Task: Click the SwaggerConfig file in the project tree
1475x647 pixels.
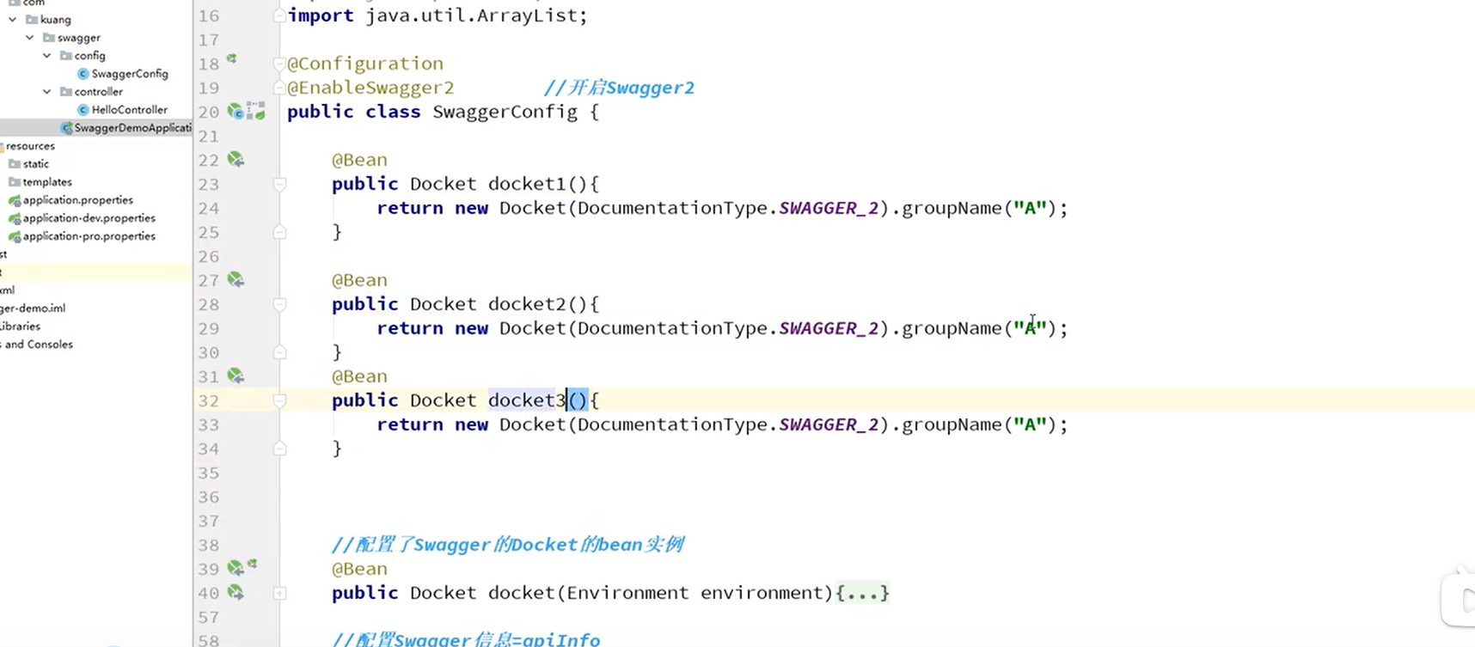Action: tap(129, 74)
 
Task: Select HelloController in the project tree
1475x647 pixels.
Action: tap(129, 110)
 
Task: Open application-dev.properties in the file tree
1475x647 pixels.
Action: tap(89, 218)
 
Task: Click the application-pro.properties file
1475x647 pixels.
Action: tap(89, 236)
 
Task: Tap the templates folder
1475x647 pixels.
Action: tap(46, 182)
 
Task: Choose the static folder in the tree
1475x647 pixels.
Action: tap(35, 164)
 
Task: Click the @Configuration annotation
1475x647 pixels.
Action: tap(365, 64)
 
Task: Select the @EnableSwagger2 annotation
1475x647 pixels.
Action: tap(370, 88)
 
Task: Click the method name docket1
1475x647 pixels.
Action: tap(527, 184)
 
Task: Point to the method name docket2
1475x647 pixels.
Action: tap(527, 304)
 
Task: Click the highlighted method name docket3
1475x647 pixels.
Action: tap(527, 400)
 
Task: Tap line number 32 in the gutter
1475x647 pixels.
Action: tap(209, 400)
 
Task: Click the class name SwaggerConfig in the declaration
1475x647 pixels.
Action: tap(505, 112)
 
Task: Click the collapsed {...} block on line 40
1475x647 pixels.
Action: tap(862, 593)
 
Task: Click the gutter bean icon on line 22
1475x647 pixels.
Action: tap(236, 160)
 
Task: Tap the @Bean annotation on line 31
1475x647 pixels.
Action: tap(359, 376)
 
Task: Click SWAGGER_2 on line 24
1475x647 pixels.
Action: tap(829, 208)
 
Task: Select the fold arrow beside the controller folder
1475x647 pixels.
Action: tap(47, 92)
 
